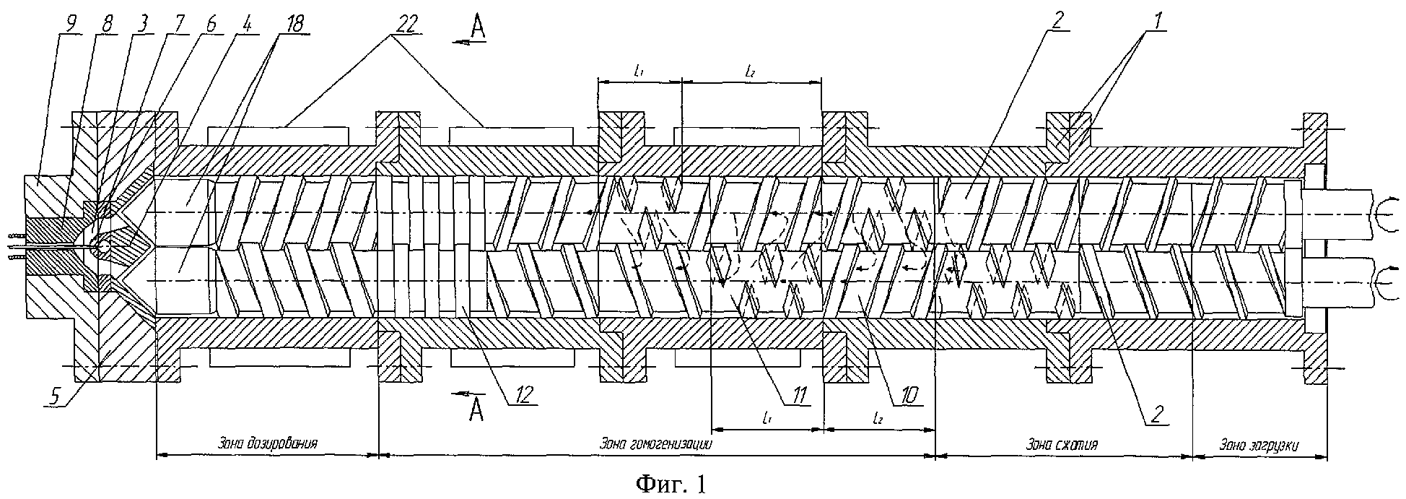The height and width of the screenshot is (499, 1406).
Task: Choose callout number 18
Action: coord(289,22)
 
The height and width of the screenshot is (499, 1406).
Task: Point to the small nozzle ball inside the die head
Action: coord(105,246)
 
